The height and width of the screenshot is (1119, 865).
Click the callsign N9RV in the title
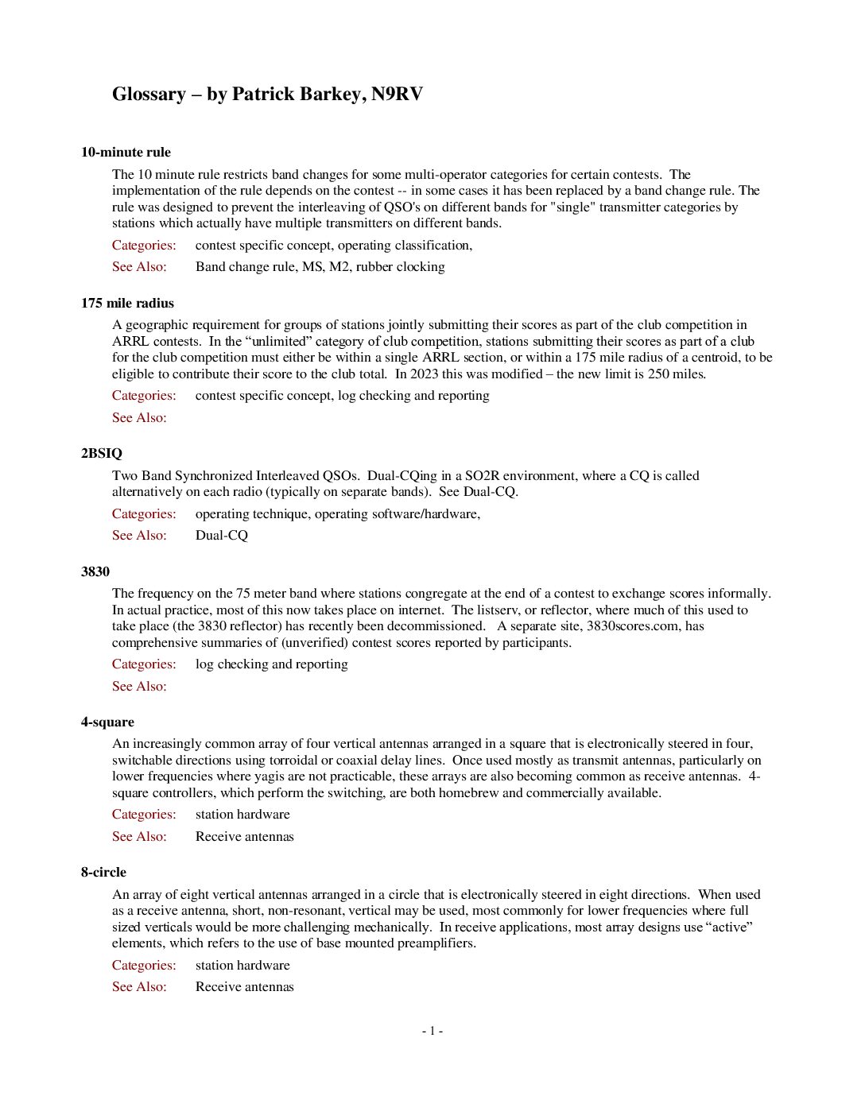[x=397, y=95]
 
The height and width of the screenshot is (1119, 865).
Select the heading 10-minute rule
[x=126, y=153]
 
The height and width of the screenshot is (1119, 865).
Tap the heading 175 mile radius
[x=127, y=303]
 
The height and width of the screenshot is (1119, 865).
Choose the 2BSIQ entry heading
[x=102, y=454]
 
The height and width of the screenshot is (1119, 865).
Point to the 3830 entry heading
[x=95, y=571]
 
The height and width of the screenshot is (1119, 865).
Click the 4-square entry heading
[x=107, y=722]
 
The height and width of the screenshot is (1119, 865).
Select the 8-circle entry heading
[x=103, y=872]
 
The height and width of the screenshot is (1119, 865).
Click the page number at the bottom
[x=432, y=1031]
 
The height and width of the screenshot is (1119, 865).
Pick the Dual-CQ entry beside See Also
[x=222, y=536]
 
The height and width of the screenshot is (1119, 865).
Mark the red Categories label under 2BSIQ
[x=144, y=514]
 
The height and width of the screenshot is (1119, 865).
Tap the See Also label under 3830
[x=139, y=687]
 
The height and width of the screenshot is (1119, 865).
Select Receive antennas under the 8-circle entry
[x=245, y=987]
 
